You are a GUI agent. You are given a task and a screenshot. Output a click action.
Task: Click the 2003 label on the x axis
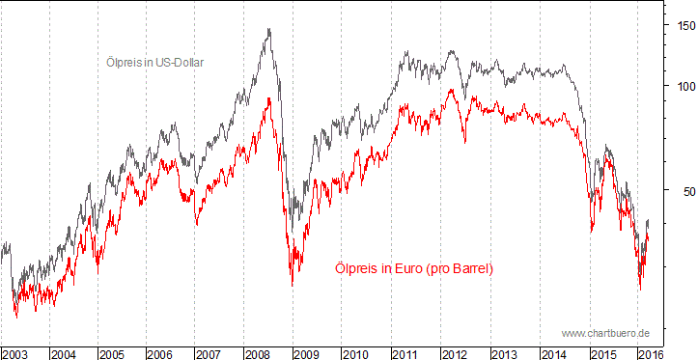click(x=14, y=354)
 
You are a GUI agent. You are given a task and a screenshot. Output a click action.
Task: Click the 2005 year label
click(x=112, y=354)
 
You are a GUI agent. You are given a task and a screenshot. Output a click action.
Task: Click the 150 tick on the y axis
click(x=683, y=26)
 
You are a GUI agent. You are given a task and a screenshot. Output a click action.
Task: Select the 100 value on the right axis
click(x=683, y=86)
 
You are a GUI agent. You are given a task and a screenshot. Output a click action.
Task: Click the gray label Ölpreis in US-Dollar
click(x=154, y=62)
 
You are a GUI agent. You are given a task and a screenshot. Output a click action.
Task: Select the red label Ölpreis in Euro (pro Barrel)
click(x=413, y=268)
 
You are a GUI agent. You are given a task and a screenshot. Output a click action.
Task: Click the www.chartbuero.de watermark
click(x=605, y=333)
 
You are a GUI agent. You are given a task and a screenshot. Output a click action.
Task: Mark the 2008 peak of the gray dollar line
click(x=267, y=30)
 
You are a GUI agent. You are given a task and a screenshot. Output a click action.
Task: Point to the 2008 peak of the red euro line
click(x=267, y=98)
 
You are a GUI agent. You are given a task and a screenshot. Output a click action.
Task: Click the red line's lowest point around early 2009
click(x=293, y=285)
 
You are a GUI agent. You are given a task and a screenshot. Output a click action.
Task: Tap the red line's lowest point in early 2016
click(x=640, y=289)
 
